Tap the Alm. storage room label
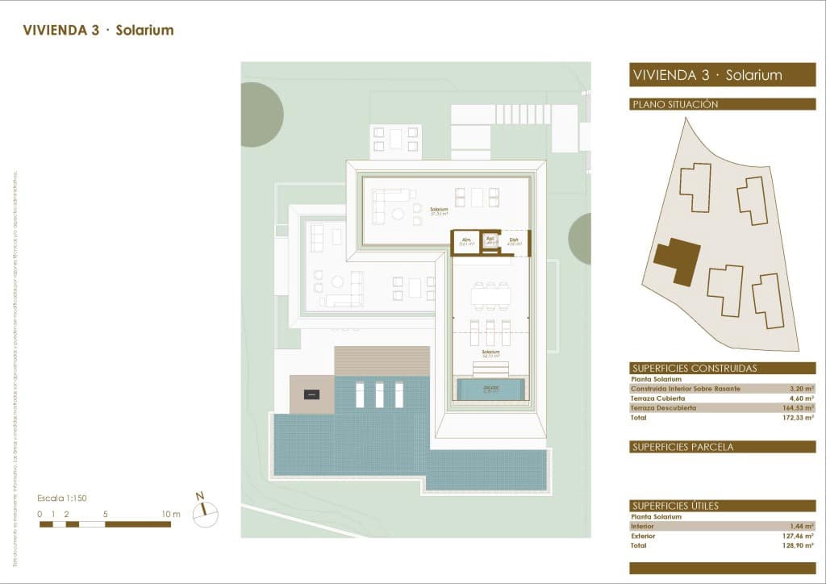[465, 241]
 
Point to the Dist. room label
[514, 241]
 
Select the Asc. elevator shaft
[490, 240]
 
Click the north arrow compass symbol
[206, 508]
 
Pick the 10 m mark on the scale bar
[170, 514]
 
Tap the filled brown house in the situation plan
[677, 261]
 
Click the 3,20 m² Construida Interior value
[802, 388]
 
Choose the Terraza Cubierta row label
[657, 398]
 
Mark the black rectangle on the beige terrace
[311, 394]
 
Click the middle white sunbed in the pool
[379, 394]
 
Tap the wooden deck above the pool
[382, 361]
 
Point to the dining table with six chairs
[490, 296]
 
